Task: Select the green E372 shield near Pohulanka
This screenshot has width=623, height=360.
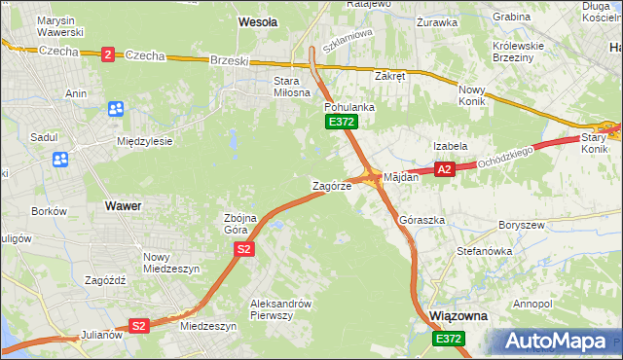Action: coord(342,122)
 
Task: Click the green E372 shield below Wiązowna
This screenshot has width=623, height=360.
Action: coord(449,338)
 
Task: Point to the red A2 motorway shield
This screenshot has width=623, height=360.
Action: coord(444,170)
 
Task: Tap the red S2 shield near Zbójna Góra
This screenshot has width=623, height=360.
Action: coord(243,250)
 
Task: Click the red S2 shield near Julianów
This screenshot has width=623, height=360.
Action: coord(139,326)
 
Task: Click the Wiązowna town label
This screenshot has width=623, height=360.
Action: coord(458,317)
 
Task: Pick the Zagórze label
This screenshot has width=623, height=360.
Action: coord(330,186)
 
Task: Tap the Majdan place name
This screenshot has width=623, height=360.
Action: coord(400,178)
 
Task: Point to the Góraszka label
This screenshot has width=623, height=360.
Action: coord(421,221)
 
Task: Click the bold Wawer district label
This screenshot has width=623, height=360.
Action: coord(122,206)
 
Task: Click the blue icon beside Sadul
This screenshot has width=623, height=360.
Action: coord(60,159)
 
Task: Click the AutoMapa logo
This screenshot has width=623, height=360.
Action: coord(559,341)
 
